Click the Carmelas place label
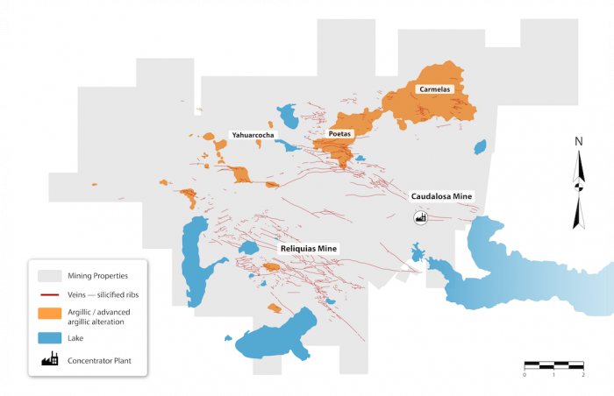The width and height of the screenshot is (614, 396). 434,89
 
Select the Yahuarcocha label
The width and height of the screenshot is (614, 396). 252,136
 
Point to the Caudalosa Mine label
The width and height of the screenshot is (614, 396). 442,196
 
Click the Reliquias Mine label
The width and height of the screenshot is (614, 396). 308,249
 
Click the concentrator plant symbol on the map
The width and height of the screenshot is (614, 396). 420,217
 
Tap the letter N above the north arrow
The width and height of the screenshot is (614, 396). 578,141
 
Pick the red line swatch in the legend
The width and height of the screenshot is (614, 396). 49,295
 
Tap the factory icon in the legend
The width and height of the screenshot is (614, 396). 49,358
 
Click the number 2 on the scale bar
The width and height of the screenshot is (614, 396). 583,374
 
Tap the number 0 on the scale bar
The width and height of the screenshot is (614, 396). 525,374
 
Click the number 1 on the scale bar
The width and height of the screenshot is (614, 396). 553,374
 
